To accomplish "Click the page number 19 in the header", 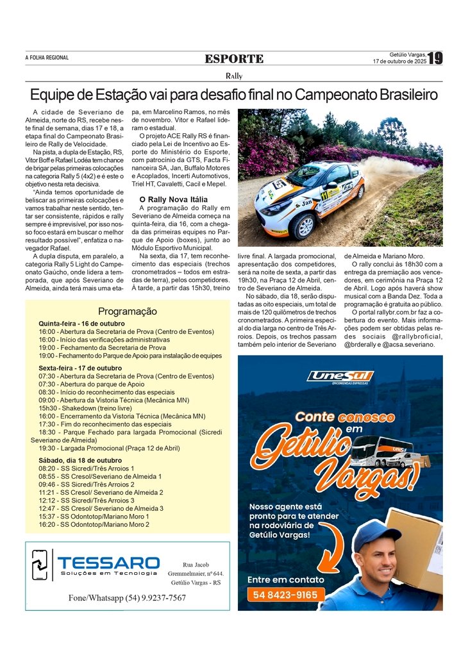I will [x=435, y=58].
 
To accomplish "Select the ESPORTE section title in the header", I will [x=234, y=59].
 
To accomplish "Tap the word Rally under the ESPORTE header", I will [x=234, y=76].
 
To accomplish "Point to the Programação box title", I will [x=127, y=311].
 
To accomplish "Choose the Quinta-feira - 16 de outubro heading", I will [x=81, y=324].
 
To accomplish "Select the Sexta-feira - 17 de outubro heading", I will [x=80, y=368].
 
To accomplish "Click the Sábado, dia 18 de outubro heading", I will [x=80, y=460].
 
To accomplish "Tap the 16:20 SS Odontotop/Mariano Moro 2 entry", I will [x=94, y=524].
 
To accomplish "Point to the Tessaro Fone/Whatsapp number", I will [x=127, y=598].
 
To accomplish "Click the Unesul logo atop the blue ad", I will [x=340, y=377].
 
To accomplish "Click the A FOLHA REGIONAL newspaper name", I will [x=47, y=58].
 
